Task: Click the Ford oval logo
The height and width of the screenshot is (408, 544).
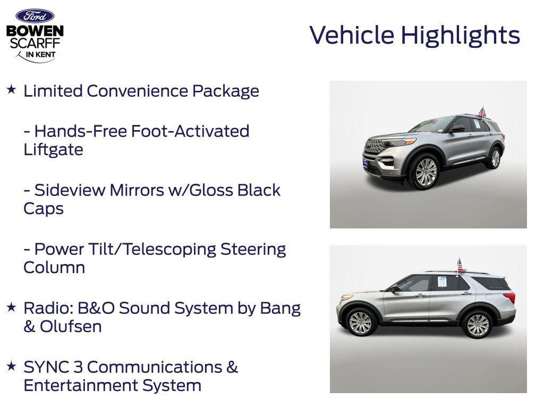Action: click(x=35, y=16)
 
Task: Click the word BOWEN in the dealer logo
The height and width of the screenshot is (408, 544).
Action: click(x=35, y=31)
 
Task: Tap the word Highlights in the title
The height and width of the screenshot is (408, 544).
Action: click(x=460, y=36)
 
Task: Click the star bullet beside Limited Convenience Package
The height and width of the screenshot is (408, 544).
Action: click(x=11, y=90)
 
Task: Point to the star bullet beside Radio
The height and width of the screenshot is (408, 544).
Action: click(x=11, y=307)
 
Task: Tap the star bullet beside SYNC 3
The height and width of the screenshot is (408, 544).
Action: click(x=11, y=365)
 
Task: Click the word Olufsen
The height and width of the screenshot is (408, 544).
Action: click(x=71, y=326)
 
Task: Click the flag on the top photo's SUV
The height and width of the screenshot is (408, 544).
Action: click(x=482, y=112)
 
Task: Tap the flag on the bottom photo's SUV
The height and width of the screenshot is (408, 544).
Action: click(x=461, y=265)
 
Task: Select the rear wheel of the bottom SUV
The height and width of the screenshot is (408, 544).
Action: click(x=478, y=324)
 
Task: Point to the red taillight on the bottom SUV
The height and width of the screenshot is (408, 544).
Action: click(x=509, y=298)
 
